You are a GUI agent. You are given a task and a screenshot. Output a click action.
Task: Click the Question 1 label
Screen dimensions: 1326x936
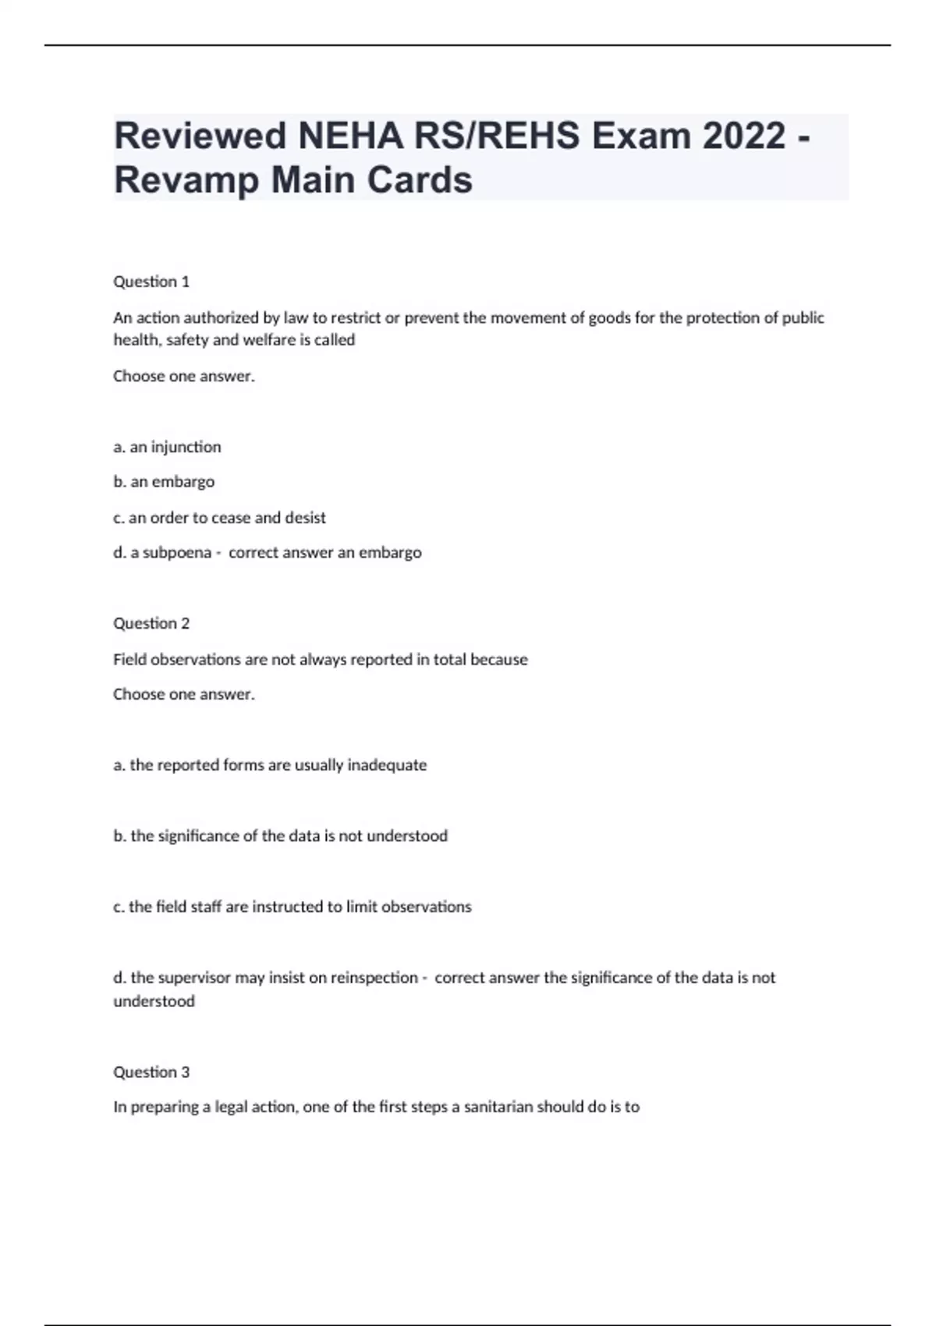pos(151,282)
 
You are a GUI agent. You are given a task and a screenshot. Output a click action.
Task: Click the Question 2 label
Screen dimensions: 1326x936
pos(151,623)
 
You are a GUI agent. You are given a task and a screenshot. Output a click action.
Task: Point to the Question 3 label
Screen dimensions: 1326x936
pos(151,1072)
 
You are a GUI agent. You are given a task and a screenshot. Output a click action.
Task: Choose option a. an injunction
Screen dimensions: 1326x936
pos(167,447)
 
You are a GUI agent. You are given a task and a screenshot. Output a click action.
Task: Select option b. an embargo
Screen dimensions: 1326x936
pos(164,482)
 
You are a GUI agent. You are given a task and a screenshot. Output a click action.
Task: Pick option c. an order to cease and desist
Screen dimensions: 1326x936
pos(219,517)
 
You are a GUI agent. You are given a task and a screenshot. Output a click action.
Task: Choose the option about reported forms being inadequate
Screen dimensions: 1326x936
pos(270,765)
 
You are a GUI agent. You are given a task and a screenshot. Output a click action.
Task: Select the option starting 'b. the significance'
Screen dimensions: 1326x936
pos(280,836)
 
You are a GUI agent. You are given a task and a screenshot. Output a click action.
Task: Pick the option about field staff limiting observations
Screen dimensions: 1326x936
pos(292,906)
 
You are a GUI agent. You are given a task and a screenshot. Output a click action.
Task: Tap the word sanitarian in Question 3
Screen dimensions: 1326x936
pos(498,1107)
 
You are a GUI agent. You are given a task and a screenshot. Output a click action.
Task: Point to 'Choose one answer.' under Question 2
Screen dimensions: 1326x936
pos(184,694)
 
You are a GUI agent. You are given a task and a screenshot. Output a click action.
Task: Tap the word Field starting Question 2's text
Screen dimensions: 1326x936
pos(129,660)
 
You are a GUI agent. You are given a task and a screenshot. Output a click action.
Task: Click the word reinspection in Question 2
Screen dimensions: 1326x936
pos(374,977)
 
